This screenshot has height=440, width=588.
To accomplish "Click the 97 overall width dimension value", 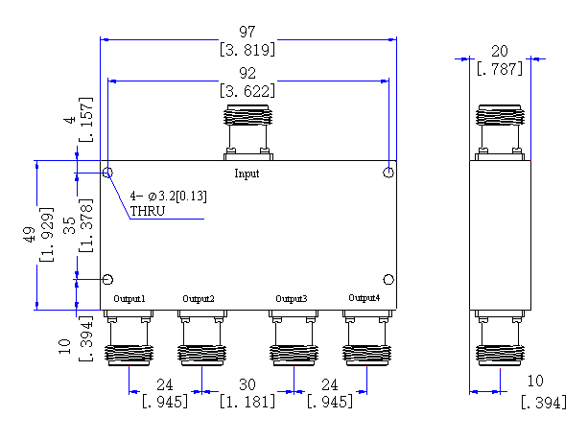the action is click(x=247, y=32).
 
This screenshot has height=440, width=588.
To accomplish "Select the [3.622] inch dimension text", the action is click(x=247, y=91).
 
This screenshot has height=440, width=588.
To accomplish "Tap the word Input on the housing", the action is click(x=247, y=174).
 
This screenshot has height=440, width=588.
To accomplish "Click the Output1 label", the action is click(x=129, y=299).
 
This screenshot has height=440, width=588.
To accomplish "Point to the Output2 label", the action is click(x=199, y=299).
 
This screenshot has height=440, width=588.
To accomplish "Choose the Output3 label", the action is click(x=292, y=299).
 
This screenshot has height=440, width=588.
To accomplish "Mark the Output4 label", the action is click(x=365, y=298).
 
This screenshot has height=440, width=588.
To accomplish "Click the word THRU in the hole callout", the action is click(x=148, y=212).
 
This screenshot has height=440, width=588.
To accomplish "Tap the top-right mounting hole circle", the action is click(x=388, y=173).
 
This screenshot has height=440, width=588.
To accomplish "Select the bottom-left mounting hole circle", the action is click(x=108, y=280).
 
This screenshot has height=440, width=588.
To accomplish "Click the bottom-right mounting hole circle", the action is click(x=388, y=280).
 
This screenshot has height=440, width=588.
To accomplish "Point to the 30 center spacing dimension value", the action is click(x=247, y=385).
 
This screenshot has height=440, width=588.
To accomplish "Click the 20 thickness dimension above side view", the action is click(x=500, y=52).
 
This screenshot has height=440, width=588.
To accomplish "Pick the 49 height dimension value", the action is click(x=30, y=235).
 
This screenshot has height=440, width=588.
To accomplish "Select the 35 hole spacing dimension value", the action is click(x=69, y=225).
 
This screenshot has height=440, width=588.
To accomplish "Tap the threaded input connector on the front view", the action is click(x=247, y=132).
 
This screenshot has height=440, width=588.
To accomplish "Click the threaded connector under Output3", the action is click(x=294, y=338).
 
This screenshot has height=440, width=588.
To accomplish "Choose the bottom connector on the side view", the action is click(x=500, y=338).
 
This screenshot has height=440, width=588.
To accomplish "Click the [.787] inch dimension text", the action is click(x=500, y=69).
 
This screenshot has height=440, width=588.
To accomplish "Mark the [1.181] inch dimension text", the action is click(x=247, y=402).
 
